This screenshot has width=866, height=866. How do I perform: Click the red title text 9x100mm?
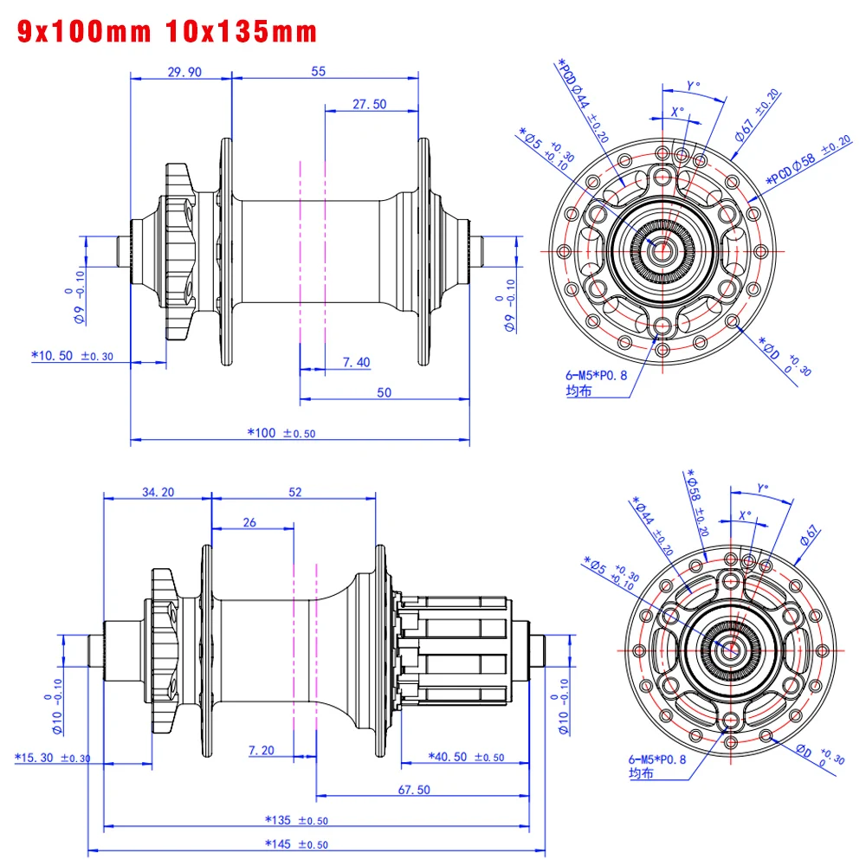82,32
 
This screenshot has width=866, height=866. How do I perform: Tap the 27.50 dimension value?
369,104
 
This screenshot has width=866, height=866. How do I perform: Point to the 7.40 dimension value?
357,361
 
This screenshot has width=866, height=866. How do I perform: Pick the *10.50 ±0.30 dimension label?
73,355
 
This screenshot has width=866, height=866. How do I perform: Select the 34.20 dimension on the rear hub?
158,492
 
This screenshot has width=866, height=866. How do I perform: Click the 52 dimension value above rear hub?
295,492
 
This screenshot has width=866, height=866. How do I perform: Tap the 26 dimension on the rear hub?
249,522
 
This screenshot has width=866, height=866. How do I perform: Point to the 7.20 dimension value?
262,750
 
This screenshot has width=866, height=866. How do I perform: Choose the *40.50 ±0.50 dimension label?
467,756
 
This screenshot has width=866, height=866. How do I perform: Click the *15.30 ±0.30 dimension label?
53,757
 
